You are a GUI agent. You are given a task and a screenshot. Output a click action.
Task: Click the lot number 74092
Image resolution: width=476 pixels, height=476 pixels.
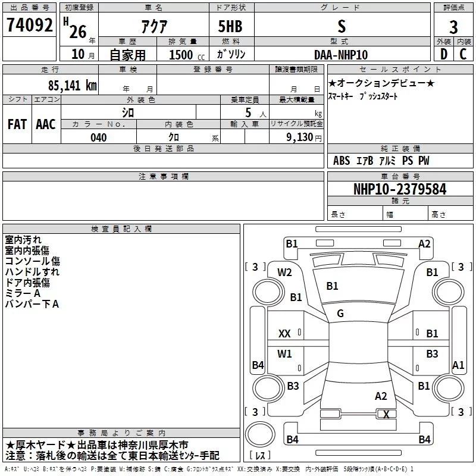[x=29, y=25]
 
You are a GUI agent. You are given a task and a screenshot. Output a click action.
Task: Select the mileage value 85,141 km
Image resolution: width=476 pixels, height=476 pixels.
[x=73, y=86]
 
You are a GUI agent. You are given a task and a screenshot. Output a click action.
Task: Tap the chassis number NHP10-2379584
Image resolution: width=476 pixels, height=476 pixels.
[x=400, y=189]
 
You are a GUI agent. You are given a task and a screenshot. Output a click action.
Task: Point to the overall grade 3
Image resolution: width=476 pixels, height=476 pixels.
[x=453, y=27]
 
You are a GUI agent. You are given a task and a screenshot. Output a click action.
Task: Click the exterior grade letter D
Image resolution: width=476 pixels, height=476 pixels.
[x=444, y=54]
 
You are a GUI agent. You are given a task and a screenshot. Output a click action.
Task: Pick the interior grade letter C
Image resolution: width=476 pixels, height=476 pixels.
[x=463, y=54]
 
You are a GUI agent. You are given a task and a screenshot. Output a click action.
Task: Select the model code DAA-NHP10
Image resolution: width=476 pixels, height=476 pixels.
[x=341, y=55]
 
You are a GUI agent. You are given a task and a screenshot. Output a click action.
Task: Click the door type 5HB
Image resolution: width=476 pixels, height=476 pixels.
[x=230, y=26]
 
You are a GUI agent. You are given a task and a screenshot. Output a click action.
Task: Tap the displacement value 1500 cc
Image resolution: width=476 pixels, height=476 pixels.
[x=187, y=55]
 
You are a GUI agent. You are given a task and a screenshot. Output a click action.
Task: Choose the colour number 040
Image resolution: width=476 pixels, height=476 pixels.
[x=99, y=137]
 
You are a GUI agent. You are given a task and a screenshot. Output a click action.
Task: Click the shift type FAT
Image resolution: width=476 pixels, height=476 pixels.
[x=17, y=124]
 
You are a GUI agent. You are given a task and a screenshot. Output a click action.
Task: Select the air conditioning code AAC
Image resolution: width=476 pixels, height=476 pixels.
[x=46, y=124]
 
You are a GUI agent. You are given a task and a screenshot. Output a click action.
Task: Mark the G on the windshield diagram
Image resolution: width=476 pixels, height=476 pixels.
[x=340, y=314]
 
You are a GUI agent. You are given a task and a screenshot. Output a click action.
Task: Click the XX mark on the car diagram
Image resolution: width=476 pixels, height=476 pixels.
[x=284, y=334]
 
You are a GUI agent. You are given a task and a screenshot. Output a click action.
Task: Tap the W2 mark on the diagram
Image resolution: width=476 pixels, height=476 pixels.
[x=284, y=273]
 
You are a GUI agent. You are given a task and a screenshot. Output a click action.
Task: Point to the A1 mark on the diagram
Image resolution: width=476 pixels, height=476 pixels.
[x=458, y=365]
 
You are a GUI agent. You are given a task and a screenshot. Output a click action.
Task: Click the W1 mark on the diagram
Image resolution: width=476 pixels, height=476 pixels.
[x=284, y=353]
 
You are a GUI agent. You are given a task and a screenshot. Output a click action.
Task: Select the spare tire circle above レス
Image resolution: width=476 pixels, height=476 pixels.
[x=260, y=434]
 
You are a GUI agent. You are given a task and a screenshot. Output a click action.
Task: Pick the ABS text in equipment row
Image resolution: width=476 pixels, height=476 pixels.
[x=342, y=161]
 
